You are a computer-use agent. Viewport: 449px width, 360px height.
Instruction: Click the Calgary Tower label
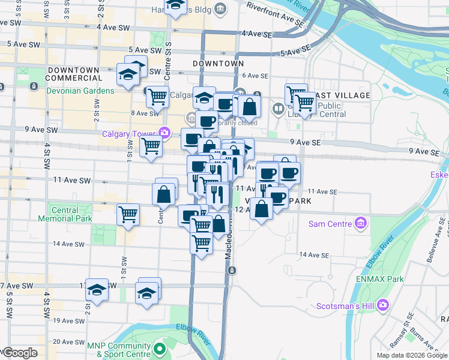point(129,133)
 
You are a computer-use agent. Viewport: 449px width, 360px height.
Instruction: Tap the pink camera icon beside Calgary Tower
point(164,133)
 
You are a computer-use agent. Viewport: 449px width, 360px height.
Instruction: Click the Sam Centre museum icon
point(361,224)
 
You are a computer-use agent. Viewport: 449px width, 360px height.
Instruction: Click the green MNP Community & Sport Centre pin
point(160,349)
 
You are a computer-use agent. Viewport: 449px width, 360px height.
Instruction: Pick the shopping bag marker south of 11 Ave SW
point(164,194)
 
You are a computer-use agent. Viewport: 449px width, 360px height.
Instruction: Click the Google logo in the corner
point(19,353)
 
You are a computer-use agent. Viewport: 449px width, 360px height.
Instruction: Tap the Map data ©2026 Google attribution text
point(411,355)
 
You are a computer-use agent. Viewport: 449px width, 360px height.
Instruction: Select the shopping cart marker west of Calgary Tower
point(151,145)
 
